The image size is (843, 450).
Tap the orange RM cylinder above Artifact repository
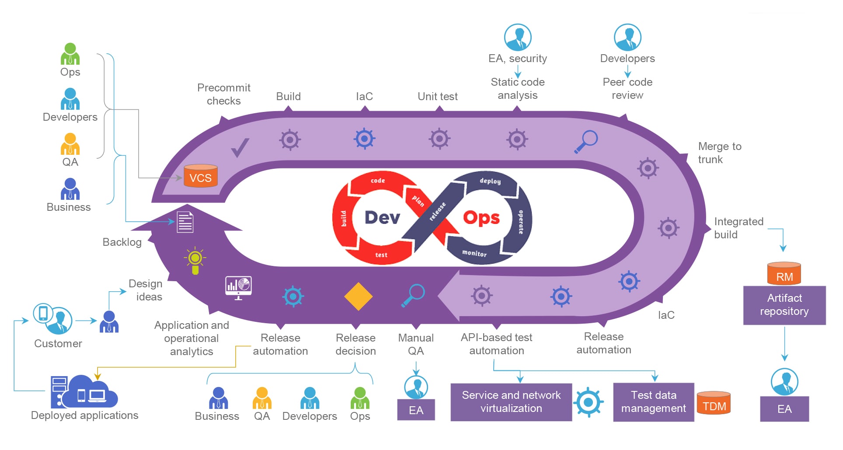coord(784,274)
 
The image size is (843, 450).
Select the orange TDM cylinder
coord(714,403)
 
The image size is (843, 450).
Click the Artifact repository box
coord(784,305)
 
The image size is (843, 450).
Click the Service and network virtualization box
coord(511,402)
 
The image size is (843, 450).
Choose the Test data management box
coord(653,402)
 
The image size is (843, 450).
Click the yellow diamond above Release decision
coord(358,297)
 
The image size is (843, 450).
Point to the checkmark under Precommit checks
coord(240,147)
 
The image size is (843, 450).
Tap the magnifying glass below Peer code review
coord(586,141)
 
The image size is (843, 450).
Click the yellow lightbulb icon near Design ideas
coord(195,260)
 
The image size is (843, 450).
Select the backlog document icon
coord(185,222)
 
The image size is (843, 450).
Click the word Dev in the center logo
coord(382,217)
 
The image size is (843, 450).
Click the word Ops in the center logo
coord(481,217)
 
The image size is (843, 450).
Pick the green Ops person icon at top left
coord(70,54)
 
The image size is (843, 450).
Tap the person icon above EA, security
coord(518,37)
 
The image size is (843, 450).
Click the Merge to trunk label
coord(719,153)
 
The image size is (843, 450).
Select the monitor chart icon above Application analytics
coord(238,287)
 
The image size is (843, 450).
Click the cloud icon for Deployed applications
coord(90,392)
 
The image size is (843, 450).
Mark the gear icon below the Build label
coord(290,140)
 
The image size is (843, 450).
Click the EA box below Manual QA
coord(416,410)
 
